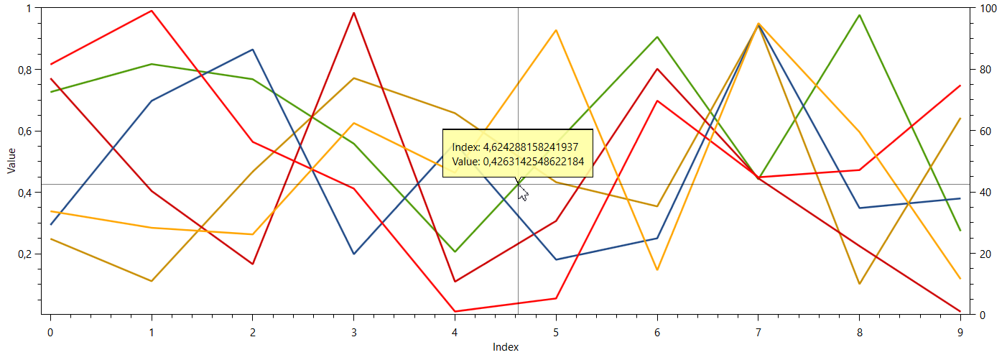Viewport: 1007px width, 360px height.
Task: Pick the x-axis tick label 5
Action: (x=556, y=332)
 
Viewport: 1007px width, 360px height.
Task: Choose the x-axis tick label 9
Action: (x=960, y=332)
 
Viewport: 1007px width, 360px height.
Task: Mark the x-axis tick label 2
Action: (x=252, y=332)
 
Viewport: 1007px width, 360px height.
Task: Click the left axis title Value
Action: (x=11, y=161)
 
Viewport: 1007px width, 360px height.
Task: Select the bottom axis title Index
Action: (x=506, y=347)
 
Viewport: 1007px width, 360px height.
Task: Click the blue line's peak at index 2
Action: (x=252, y=50)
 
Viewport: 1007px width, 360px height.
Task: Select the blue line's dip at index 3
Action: (x=353, y=254)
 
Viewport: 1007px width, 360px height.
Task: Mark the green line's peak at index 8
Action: (x=859, y=15)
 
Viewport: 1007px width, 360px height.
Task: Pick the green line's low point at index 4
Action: (x=455, y=251)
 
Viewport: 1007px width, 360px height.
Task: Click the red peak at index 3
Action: (x=353, y=13)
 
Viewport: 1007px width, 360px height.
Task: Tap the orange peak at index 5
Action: (x=556, y=30)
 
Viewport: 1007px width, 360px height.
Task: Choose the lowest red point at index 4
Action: (x=455, y=311)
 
